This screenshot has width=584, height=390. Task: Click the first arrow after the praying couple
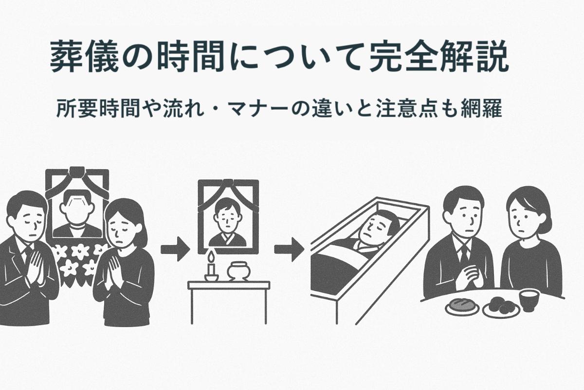(x=175, y=249)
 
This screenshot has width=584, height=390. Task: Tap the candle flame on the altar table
(x=211, y=257)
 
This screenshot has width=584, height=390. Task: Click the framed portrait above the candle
(x=227, y=217)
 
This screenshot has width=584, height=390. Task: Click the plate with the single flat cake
(x=461, y=306)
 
